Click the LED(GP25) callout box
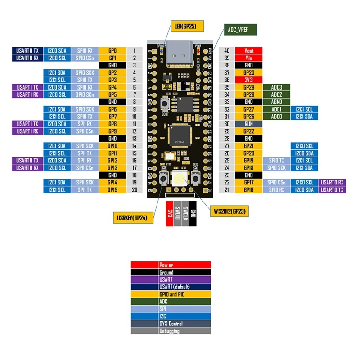(187, 26)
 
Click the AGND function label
(276, 102)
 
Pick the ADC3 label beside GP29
(276, 87)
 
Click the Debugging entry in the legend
(171, 331)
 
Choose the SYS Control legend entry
(171, 324)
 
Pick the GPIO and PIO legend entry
(171, 294)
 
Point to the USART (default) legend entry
(171, 287)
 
